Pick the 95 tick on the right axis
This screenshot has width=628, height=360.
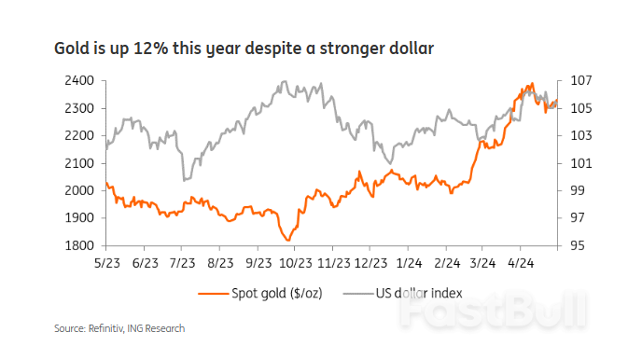578,246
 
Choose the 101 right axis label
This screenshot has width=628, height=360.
578,163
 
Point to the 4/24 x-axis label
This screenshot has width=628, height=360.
521,264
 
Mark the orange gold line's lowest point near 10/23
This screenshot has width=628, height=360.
289,241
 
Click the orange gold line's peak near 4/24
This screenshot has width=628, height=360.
531,84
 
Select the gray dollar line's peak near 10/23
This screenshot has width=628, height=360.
283,82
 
